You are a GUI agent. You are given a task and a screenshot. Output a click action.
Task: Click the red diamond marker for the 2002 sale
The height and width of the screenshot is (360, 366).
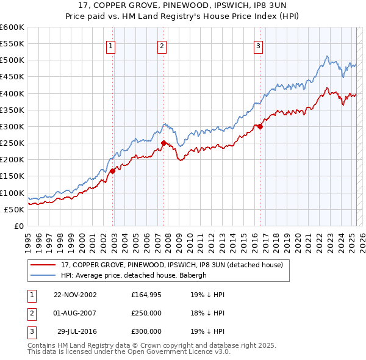[113, 171]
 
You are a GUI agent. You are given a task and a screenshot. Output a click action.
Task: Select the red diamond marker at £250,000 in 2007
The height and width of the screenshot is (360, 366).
[163, 143]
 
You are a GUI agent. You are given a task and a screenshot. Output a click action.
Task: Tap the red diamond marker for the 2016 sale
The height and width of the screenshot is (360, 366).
[260, 127]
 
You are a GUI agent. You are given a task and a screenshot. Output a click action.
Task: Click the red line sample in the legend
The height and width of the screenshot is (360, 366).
[43, 265]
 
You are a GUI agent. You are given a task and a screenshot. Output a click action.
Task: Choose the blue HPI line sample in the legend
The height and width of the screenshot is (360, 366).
[43, 275]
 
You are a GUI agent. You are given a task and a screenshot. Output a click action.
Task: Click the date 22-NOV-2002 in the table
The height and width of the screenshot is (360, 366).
[75, 295]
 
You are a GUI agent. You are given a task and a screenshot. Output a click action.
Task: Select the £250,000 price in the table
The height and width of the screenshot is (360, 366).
[146, 313]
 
